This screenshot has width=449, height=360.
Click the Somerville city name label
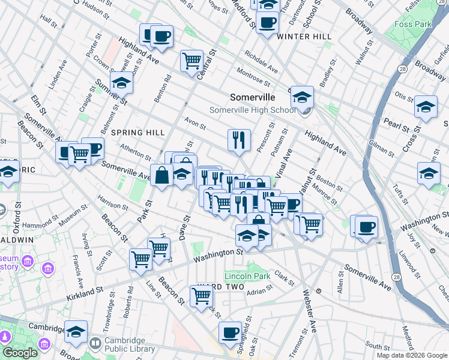253,97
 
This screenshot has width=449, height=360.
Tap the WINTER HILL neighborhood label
304,37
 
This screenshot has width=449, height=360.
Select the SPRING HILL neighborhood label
137,133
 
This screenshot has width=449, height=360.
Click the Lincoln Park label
247,277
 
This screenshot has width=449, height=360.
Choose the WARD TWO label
223,287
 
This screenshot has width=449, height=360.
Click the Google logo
19,353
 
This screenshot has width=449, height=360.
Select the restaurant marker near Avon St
239,140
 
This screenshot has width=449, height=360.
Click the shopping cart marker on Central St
191,60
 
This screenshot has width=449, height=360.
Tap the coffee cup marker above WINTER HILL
267,23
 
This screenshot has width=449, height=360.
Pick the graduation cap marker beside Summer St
122,83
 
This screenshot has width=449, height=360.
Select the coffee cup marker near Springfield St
229,332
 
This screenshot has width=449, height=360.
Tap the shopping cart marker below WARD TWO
201,295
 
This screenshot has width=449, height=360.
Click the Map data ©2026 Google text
411,355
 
